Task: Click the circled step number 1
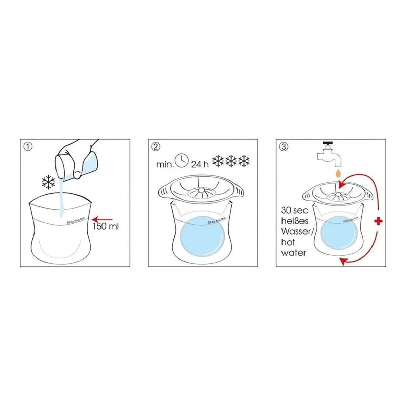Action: coord(28,147)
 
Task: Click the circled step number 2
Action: coord(156,147)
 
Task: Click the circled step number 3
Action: coord(284,147)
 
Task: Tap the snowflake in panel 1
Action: coord(48,182)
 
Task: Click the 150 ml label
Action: coord(106,226)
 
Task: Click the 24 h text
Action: coord(200,165)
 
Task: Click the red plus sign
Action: coord(379,221)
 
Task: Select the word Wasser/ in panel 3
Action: coord(295,232)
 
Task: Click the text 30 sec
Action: coord(295,210)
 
